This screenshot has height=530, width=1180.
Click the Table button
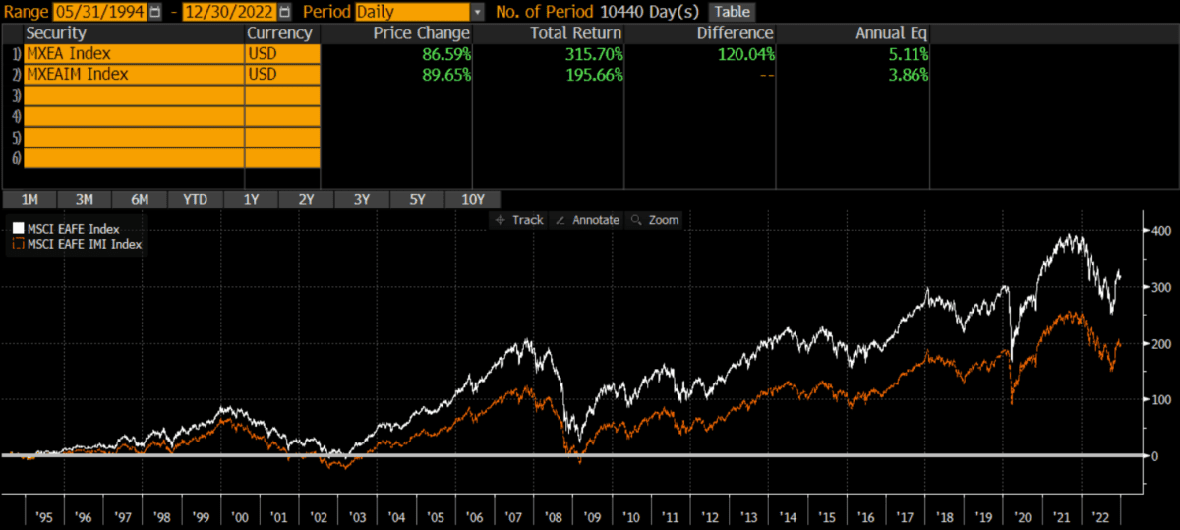(731, 12)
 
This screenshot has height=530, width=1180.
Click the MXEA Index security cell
(134, 53)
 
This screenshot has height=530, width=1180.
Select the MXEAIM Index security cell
(134, 74)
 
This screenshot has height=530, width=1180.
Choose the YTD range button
(195, 199)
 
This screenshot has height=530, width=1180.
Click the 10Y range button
(473, 199)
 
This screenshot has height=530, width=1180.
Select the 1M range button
(30, 199)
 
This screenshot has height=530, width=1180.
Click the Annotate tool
(588, 220)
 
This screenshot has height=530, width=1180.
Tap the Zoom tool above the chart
(655, 220)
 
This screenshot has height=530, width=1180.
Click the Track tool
(520, 220)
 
